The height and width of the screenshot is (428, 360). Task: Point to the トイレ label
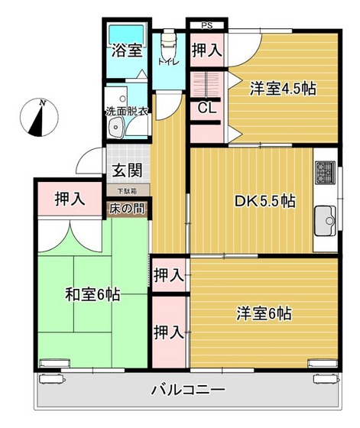(167, 62)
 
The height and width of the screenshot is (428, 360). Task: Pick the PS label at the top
(206, 25)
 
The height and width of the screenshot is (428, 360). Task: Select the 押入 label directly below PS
(206, 52)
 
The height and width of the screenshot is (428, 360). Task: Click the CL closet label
(206, 108)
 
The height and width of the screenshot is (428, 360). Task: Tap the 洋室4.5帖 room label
(283, 88)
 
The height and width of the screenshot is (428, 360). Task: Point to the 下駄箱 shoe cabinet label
(128, 189)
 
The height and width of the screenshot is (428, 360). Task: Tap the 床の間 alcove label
(128, 207)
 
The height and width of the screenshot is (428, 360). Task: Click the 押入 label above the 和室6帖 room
(70, 200)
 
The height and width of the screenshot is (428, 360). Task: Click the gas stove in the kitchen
(323, 173)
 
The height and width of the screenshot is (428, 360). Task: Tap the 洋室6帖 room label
(263, 313)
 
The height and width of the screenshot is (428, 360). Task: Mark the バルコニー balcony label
(187, 388)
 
